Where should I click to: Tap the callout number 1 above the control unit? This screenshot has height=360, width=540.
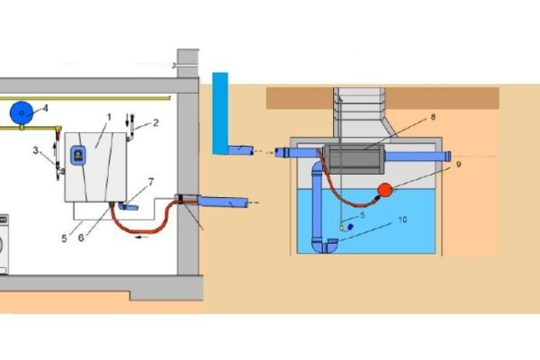(x=108, y=118)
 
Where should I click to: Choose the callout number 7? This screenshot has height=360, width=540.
(x=150, y=182)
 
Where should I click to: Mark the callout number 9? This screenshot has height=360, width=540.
(x=458, y=165)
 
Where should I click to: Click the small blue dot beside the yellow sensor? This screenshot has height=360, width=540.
(x=350, y=227)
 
